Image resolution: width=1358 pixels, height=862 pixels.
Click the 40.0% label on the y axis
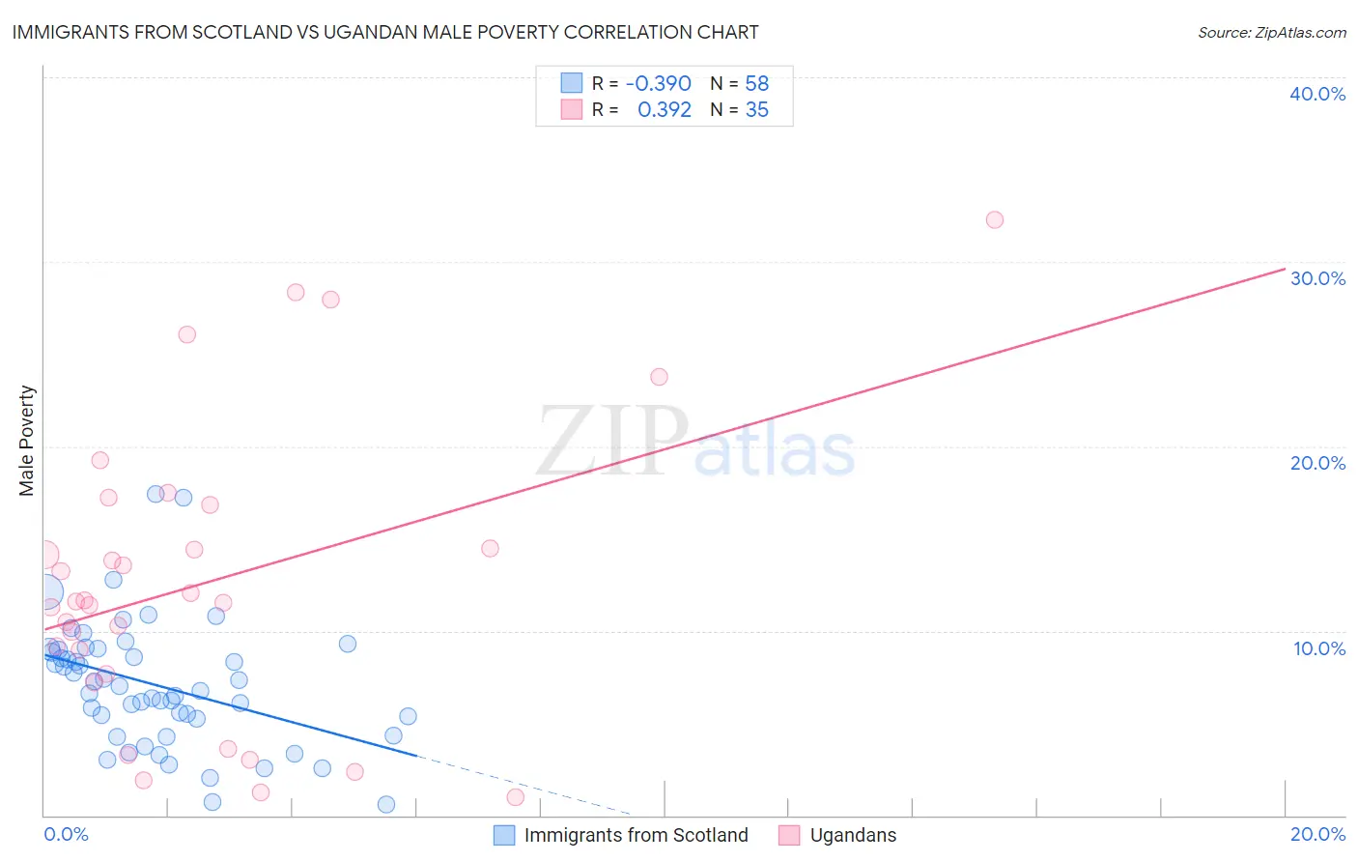1317,94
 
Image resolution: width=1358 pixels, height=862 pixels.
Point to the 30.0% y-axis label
1317,278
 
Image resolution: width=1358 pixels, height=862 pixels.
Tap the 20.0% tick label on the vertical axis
1317,463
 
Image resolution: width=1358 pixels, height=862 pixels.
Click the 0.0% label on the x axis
66,834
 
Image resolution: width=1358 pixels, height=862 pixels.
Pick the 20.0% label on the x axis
1317,834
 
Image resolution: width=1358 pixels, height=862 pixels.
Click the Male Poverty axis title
27,441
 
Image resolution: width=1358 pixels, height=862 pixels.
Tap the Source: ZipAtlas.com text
1271,32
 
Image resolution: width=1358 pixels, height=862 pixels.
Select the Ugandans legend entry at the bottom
853,835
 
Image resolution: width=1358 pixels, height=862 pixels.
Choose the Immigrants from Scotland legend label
636,835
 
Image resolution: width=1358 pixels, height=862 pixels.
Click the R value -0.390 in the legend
658,83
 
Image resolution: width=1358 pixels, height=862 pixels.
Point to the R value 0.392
664,110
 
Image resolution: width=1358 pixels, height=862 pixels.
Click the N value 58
756,83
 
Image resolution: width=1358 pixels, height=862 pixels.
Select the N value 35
756,110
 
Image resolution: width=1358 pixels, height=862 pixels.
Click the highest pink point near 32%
994,219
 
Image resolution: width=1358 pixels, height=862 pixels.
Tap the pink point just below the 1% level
515,797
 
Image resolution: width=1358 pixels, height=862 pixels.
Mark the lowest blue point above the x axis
385,804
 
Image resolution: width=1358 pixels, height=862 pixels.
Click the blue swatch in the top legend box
572,83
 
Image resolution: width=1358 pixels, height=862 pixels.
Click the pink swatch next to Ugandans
789,835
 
